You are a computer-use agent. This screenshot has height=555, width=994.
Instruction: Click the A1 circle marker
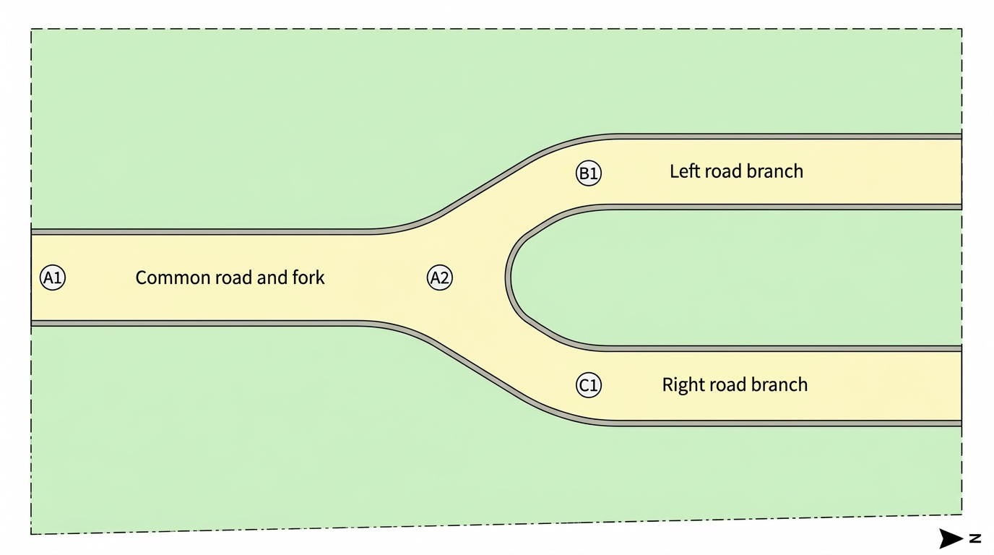[x=53, y=277]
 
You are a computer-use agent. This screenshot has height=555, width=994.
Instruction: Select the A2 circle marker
[x=440, y=277]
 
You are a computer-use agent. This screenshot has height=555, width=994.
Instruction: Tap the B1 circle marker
[x=589, y=173]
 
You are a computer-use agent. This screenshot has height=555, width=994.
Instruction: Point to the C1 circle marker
[x=589, y=385]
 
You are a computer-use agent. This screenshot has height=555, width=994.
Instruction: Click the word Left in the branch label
[x=683, y=171]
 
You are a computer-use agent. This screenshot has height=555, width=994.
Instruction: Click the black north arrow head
[x=951, y=538]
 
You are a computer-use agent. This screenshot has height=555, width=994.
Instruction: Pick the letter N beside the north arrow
[x=975, y=538]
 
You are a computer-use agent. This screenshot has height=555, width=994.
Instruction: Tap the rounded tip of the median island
[x=508, y=277]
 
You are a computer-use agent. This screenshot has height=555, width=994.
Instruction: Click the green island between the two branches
[x=732, y=277]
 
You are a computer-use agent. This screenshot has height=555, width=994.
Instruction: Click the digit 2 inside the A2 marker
[x=445, y=278]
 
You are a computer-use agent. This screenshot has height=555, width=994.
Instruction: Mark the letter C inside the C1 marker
[x=584, y=385]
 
